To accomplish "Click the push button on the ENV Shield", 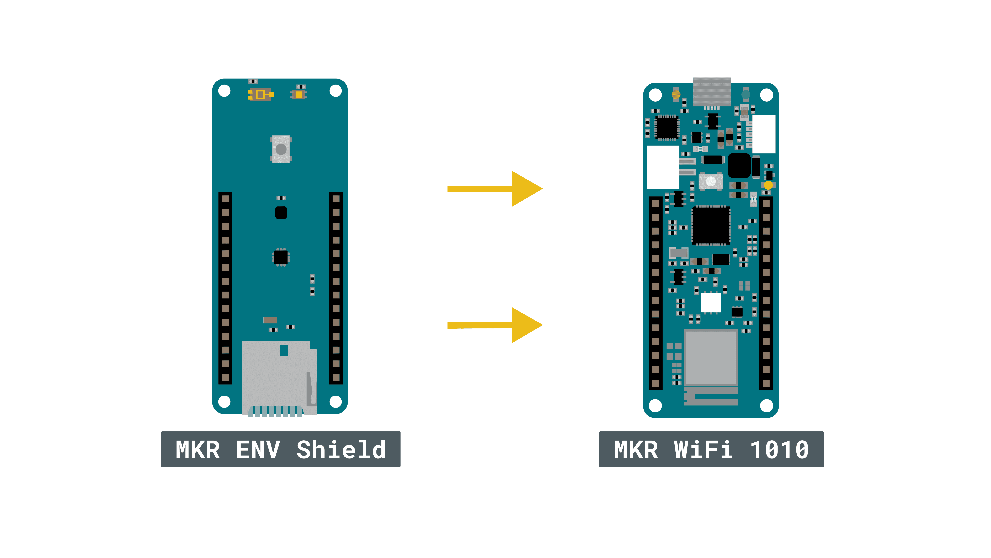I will tap(281, 149).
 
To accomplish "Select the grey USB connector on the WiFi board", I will tap(712, 92).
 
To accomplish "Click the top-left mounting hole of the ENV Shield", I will tap(224, 91).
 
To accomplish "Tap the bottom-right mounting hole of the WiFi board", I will tap(766, 405).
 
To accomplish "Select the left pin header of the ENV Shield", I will tap(225, 288).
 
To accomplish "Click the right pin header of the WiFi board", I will tap(766, 293).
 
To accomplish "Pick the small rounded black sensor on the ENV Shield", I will tap(281, 213).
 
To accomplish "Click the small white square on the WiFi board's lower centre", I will tap(711, 303).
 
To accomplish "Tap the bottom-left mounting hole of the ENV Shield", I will tap(224, 402).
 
